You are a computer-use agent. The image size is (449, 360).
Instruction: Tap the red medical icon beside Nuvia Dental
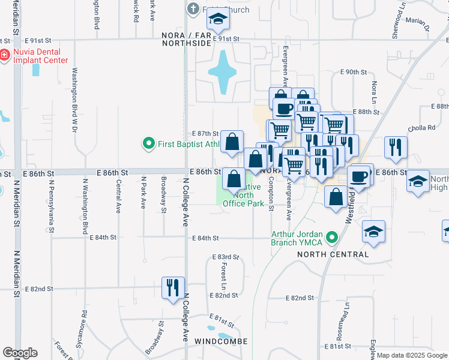[x=4, y=55]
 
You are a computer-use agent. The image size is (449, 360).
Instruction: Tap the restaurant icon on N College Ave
[x=172, y=286]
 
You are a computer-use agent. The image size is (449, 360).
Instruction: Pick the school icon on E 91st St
[x=218, y=21]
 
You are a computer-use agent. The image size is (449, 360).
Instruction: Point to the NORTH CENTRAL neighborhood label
[x=333, y=254]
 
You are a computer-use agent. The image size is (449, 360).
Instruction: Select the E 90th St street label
[x=353, y=72]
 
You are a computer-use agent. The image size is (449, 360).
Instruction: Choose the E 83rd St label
[x=225, y=257]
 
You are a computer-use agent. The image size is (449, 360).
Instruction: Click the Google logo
[x=20, y=353]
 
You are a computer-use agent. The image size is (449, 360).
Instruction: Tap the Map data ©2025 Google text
[x=412, y=355]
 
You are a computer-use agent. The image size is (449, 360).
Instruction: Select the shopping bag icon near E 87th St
[x=232, y=142]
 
